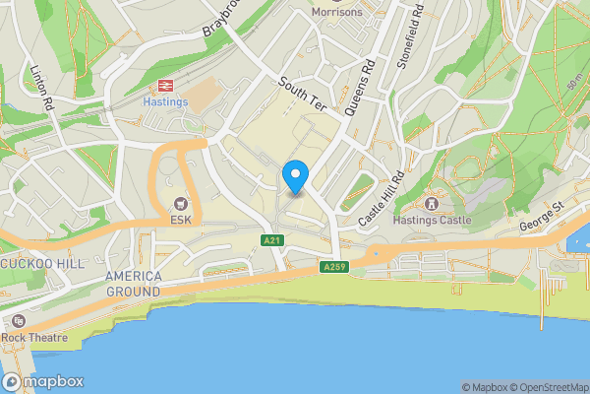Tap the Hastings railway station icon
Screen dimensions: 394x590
[x=165, y=85]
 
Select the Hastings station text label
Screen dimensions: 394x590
[x=165, y=100]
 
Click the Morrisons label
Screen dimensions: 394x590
[x=336, y=12]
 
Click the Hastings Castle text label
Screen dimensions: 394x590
[x=433, y=220]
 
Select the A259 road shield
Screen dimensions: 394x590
[x=333, y=266]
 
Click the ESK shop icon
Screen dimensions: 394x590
[x=180, y=204]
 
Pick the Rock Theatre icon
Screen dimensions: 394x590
[x=18, y=321]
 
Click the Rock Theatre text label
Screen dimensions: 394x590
[x=34, y=338]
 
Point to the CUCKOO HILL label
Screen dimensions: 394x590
[x=44, y=264]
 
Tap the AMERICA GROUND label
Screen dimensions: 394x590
[x=134, y=285]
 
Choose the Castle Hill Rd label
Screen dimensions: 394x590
[x=382, y=201]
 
